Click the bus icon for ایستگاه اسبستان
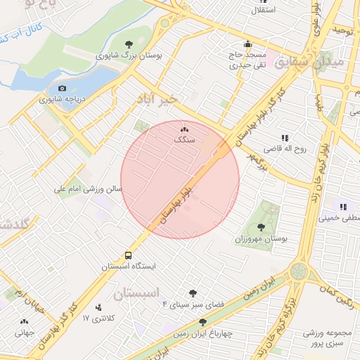129,255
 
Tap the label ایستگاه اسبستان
129,266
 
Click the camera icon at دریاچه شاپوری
63,89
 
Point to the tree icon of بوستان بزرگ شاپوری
128,44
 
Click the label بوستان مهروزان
264,238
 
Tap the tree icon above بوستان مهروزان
262,226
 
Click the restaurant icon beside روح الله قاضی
285,138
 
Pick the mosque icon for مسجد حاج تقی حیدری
248,43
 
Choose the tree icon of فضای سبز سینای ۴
193,293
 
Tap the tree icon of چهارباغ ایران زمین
202,321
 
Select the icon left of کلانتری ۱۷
98,307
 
